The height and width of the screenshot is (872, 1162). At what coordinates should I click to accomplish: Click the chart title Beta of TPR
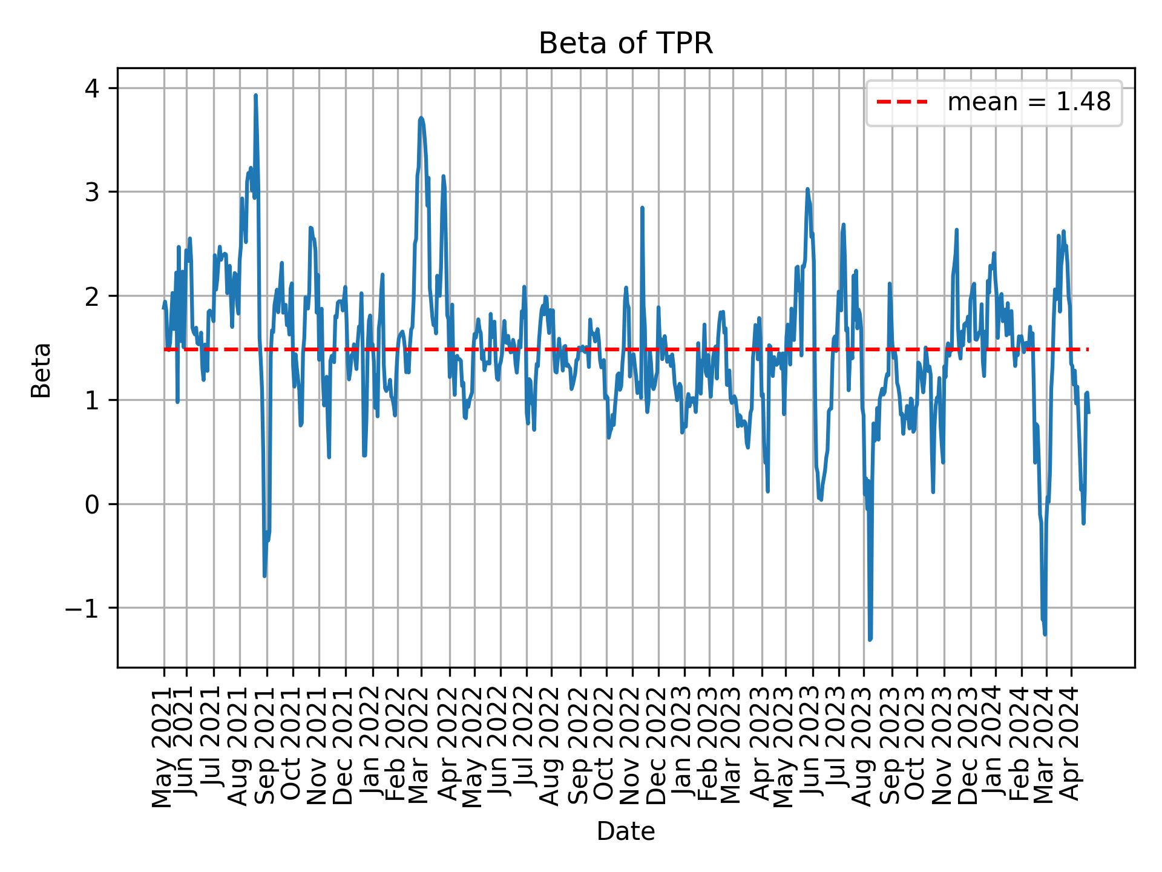[626, 44]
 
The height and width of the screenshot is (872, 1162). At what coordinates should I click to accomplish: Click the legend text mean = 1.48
[1028, 102]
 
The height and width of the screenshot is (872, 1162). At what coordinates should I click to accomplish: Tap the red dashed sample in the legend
[902, 102]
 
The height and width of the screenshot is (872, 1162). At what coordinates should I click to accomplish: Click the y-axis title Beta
[41, 370]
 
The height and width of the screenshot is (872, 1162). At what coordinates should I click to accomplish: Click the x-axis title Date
[626, 831]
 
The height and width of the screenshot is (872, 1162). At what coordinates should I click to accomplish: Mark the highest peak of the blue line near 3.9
[255, 96]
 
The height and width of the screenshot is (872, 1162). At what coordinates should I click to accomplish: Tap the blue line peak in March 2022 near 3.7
[421, 118]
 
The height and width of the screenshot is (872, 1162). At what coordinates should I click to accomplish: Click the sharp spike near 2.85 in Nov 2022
[642, 208]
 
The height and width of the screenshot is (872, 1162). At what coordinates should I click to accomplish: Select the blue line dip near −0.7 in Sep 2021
[264, 575]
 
